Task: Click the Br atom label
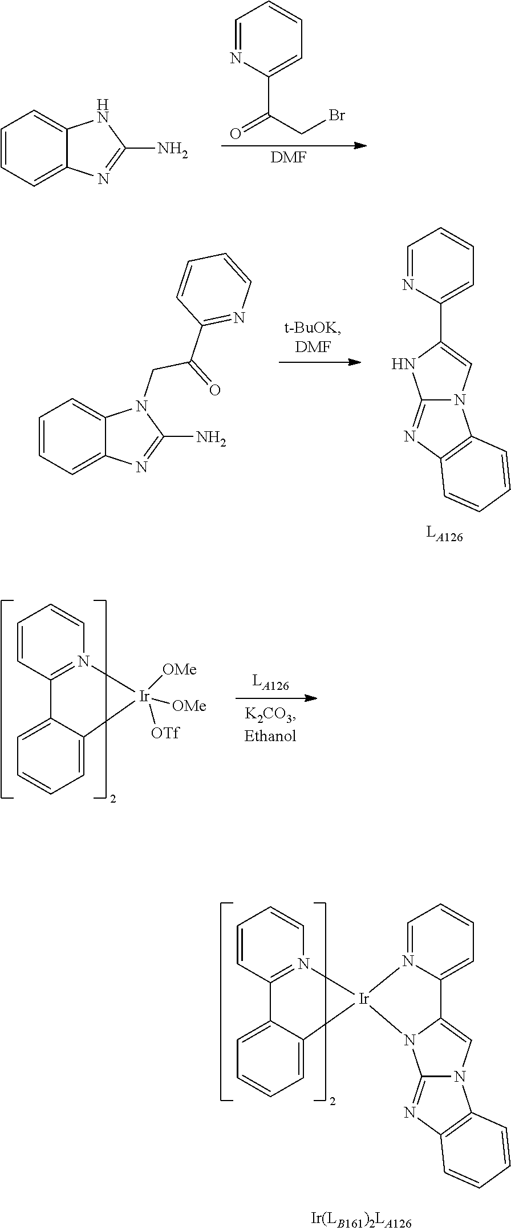(336, 116)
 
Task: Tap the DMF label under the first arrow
(288, 158)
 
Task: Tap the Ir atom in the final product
(365, 997)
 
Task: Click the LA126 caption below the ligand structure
(445, 534)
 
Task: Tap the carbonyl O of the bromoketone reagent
(234, 134)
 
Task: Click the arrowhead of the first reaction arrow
(359, 146)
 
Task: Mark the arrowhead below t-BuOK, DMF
(354, 362)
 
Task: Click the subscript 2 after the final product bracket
(332, 1102)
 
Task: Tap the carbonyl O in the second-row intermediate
(214, 390)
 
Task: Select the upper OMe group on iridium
(180, 670)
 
